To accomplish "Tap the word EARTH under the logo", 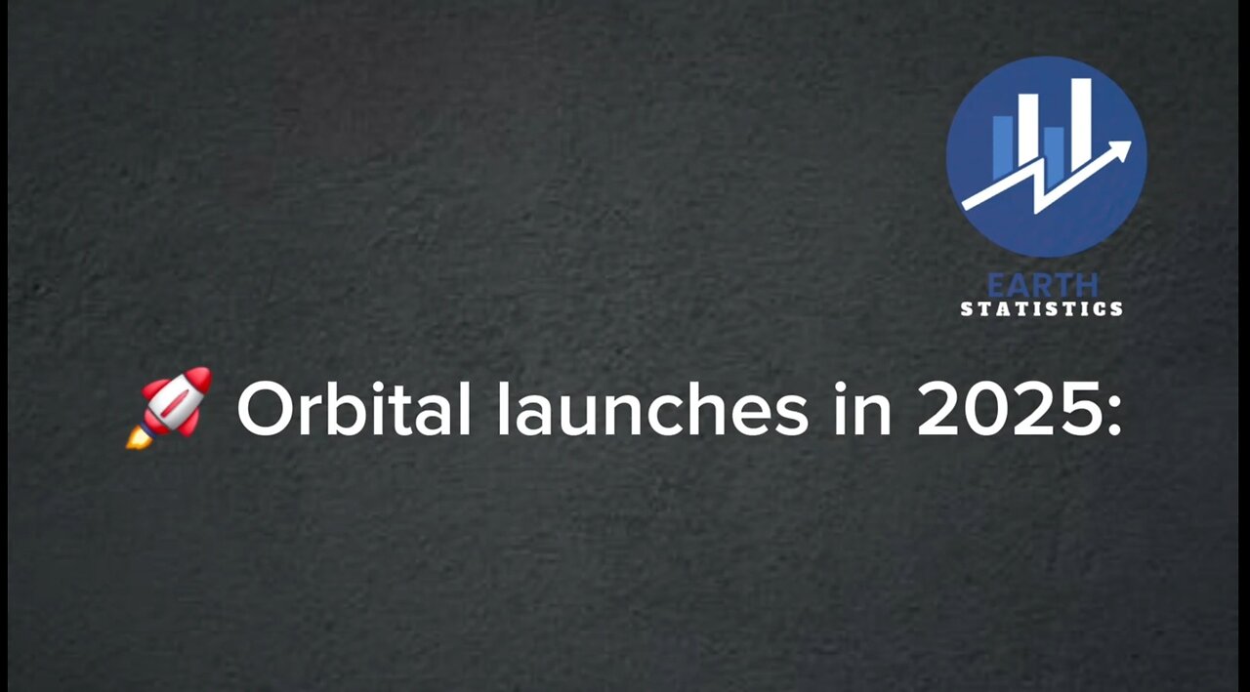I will (x=1042, y=285).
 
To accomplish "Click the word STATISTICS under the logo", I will (x=1042, y=309).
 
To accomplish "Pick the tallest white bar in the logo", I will (x=1081, y=122).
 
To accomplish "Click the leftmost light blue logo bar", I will (x=1002, y=146).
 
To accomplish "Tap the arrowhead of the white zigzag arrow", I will (x=1121, y=150).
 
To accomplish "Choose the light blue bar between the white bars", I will (x=1054, y=151).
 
